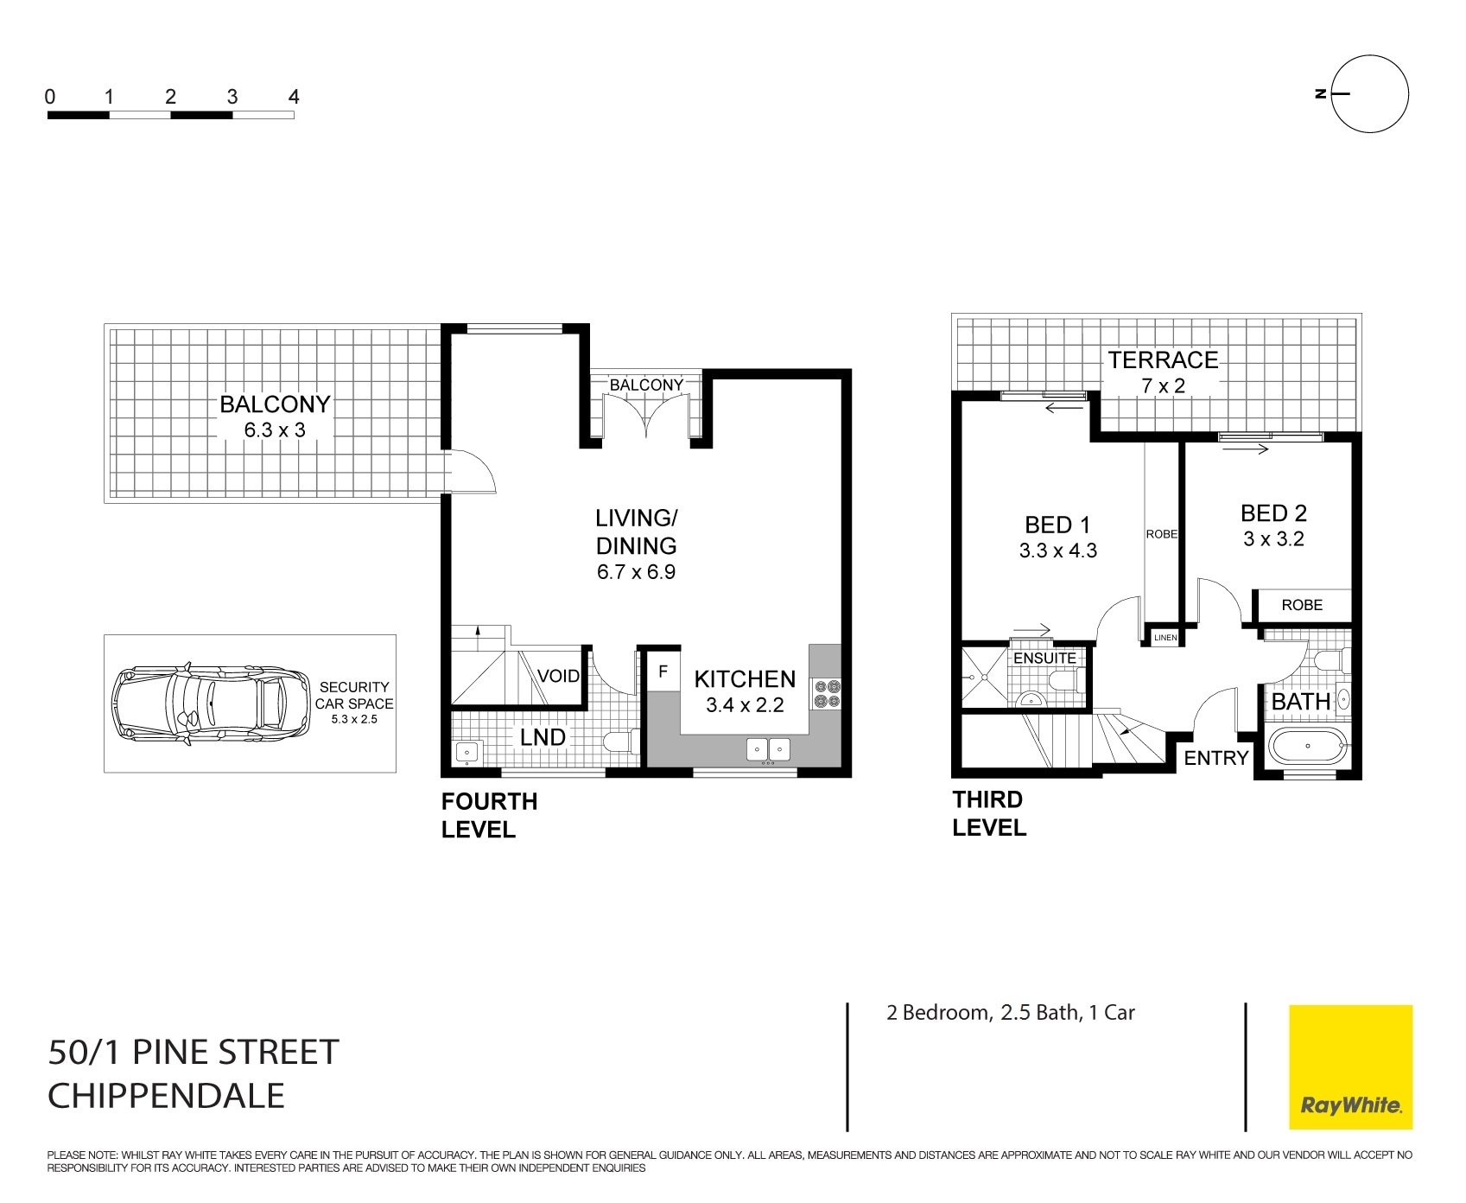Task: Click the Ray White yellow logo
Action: click(1350, 1066)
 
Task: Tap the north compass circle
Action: click(1370, 93)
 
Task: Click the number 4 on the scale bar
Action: click(294, 97)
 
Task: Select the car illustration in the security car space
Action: click(211, 703)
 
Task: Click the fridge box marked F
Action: click(663, 671)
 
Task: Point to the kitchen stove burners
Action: click(825, 695)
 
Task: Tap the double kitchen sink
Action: click(768, 749)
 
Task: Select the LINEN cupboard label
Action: click(1165, 638)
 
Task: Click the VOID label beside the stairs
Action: click(558, 676)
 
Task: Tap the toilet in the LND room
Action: click(621, 742)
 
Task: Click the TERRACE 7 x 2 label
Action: click(1163, 372)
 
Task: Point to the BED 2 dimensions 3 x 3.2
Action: click(1273, 539)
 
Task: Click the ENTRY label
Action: click(1215, 758)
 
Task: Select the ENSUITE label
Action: click(1044, 658)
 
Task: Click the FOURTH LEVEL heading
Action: click(489, 815)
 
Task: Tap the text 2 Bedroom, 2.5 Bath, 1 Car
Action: click(1010, 1013)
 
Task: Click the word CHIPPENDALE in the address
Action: click(166, 1096)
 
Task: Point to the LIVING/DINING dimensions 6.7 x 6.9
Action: click(636, 572)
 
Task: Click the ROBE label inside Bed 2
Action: click(1301, 605)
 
